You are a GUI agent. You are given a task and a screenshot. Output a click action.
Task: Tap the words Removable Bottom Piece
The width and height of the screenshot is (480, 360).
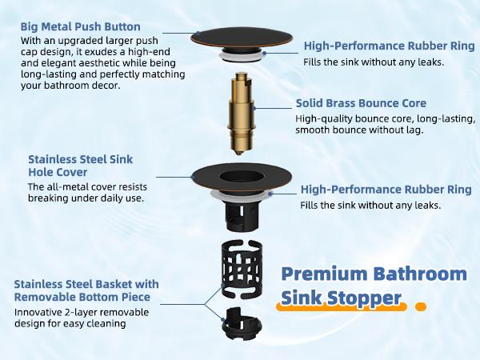[x=88, y=297]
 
